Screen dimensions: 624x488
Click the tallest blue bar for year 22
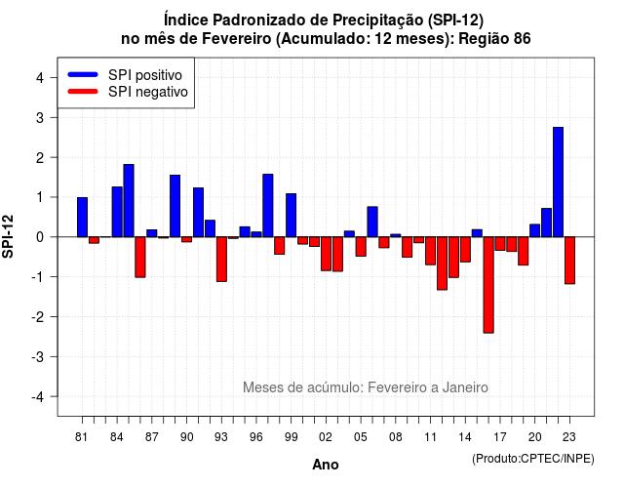click(558, 183)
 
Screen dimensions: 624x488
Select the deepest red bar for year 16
click(488, 285)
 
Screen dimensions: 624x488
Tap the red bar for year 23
click(569, 261)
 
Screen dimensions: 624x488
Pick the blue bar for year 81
click(82, 217)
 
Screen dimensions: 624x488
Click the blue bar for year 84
click(117, 212)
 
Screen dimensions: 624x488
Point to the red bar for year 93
click(221, 260)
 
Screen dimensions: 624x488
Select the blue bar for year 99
click(291, 215)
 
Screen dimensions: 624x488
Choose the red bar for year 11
click(430, 251)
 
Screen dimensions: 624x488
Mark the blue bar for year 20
click(535, 230)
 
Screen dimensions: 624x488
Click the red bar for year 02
click(326, 254)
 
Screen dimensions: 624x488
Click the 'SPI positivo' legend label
click(145, 75)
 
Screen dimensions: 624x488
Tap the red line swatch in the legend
click(83, 92)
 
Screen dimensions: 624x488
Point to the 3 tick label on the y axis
click(40, 118)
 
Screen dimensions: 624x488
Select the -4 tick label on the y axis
click(38, 397)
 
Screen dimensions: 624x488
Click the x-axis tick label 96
click(255, 437)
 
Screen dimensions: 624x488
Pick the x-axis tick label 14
click(465, 437)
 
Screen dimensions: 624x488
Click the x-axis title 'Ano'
click(325, 465)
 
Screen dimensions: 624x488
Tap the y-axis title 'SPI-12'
click(8, 236)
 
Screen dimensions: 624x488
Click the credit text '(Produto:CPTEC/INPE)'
click(533, 459)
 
